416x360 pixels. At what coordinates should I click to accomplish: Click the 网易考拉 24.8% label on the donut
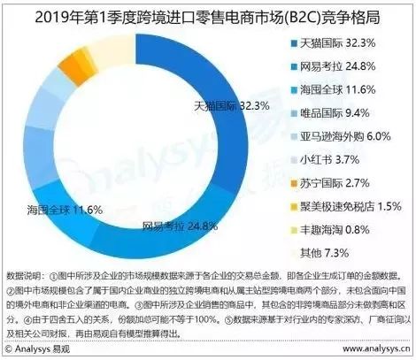[180, 226]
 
